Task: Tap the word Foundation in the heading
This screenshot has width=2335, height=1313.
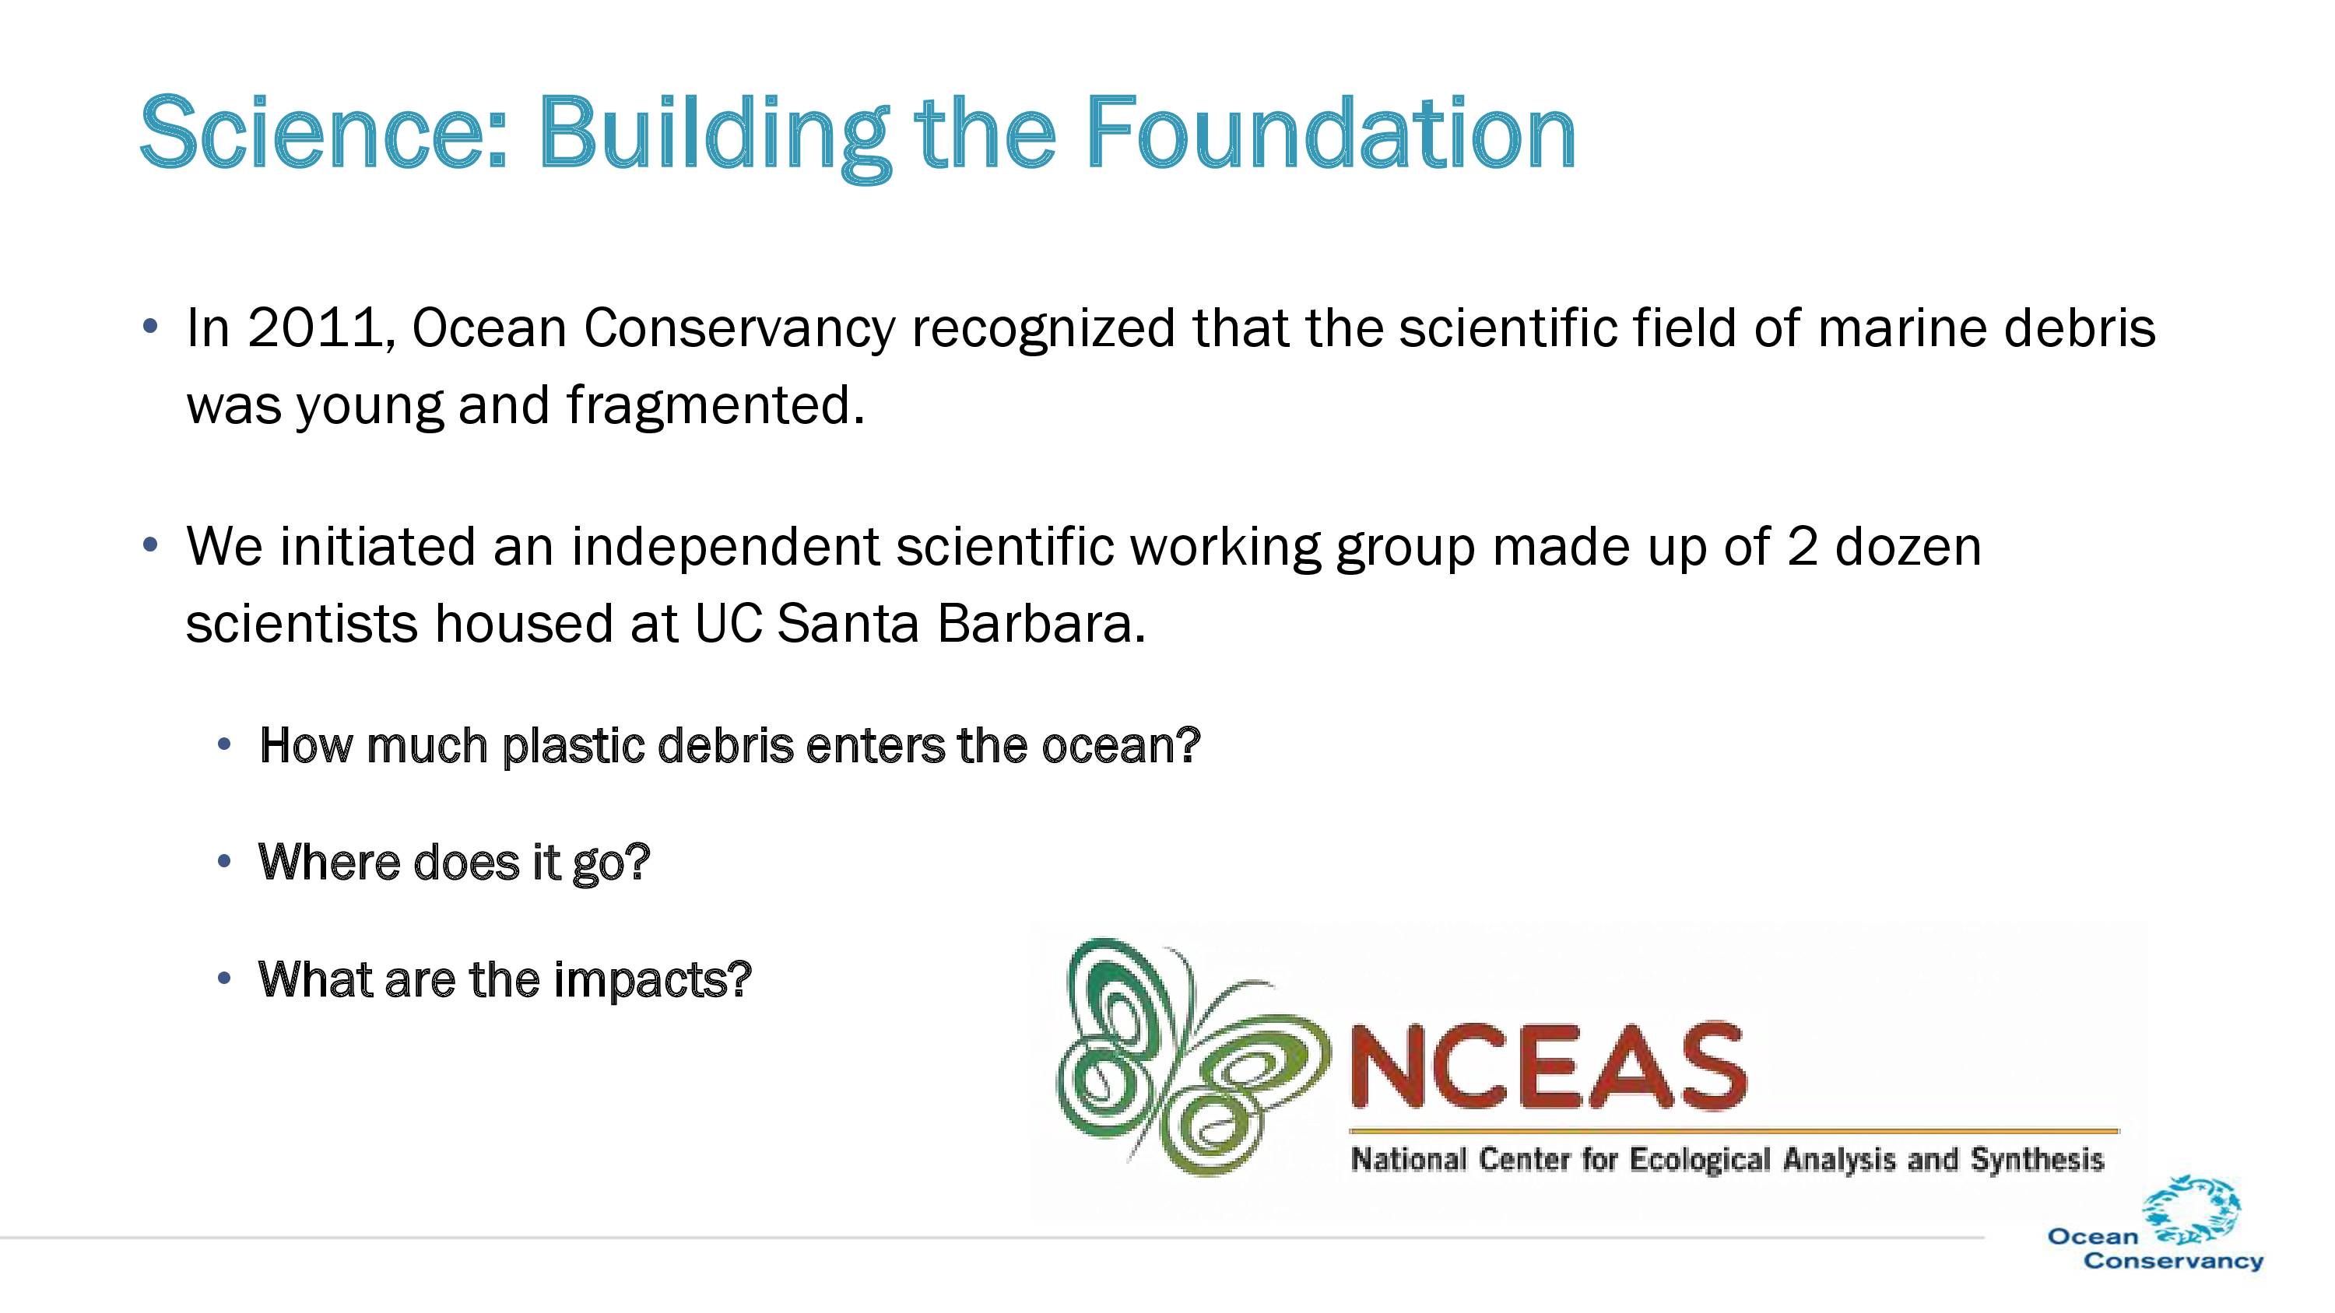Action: (1331, 133)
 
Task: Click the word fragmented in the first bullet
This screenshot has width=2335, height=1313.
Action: (716, 405)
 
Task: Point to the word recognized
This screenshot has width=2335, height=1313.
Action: (1043, 328)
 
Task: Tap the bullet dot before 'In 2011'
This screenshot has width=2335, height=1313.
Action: (150, 326)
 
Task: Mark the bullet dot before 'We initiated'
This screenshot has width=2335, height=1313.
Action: (150, 545)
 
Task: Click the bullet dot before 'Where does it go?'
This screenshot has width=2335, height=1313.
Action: (225, 862)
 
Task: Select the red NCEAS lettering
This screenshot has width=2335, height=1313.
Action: (1548, 1066)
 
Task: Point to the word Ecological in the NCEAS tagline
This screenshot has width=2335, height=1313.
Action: (1700, 1160)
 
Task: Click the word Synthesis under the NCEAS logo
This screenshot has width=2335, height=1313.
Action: (2037, 1160)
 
